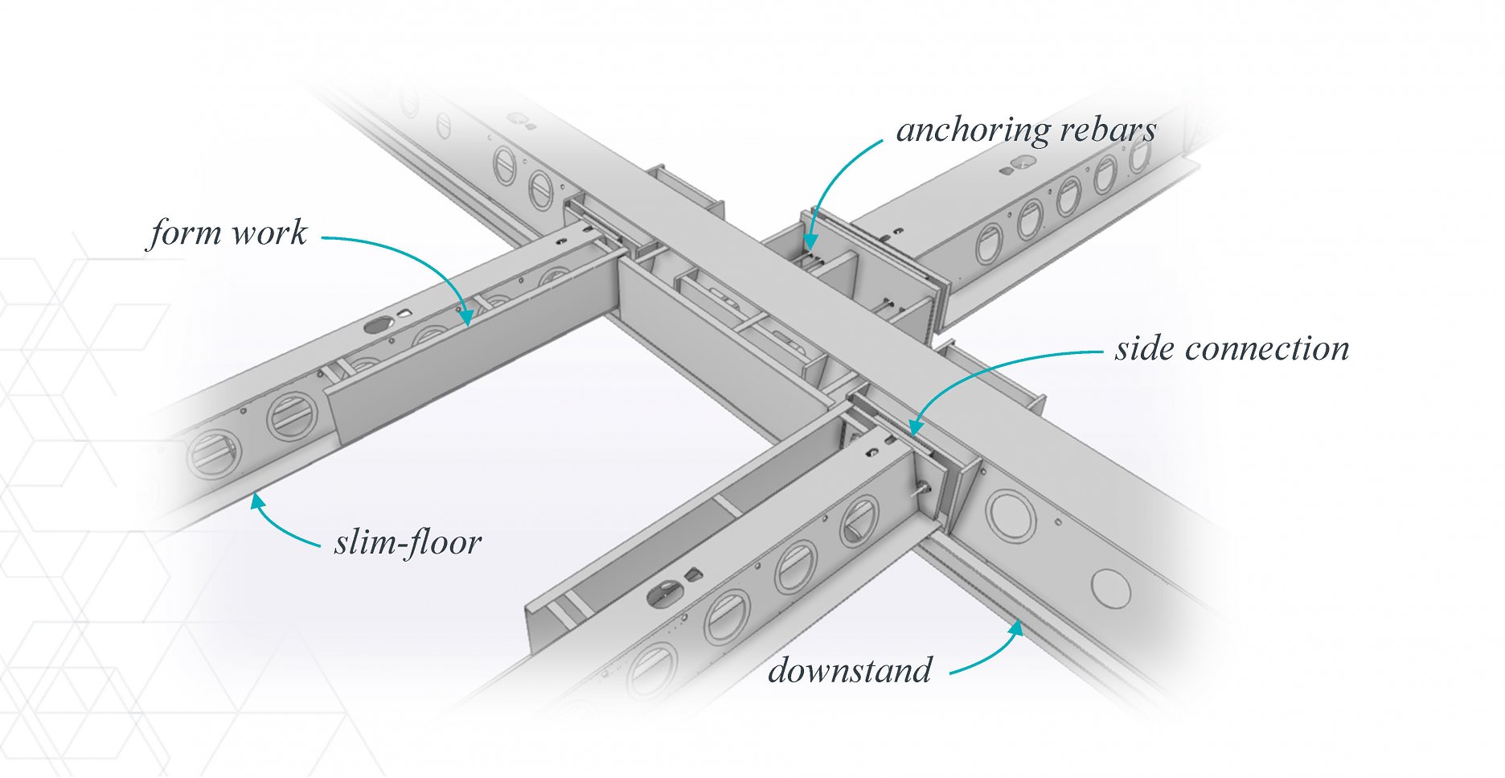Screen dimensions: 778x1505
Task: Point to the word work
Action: tap(269, 233)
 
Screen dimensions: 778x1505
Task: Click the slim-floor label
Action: tap(408, 543)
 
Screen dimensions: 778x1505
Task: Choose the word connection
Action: tap(1267, 349)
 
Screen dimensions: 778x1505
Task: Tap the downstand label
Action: tap(850, 670)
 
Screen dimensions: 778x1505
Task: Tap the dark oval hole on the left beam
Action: tap(375, 326)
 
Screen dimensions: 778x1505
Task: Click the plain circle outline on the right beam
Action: tap(1111, 588)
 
